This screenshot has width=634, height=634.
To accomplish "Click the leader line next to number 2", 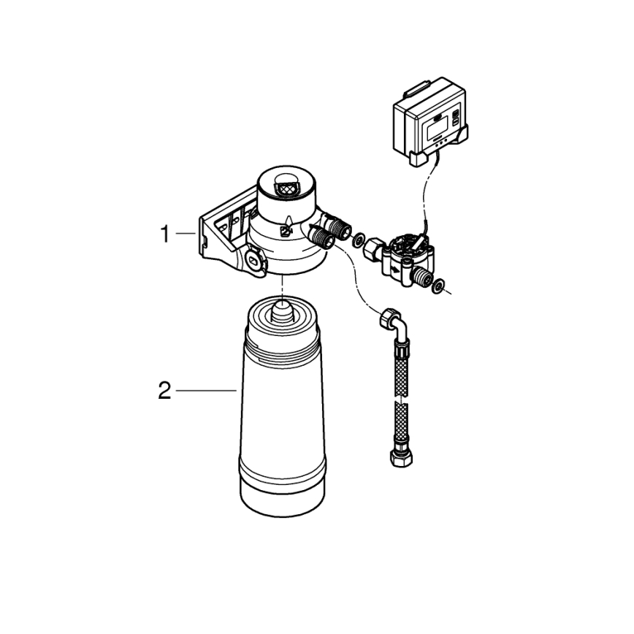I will pos(206,392).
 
